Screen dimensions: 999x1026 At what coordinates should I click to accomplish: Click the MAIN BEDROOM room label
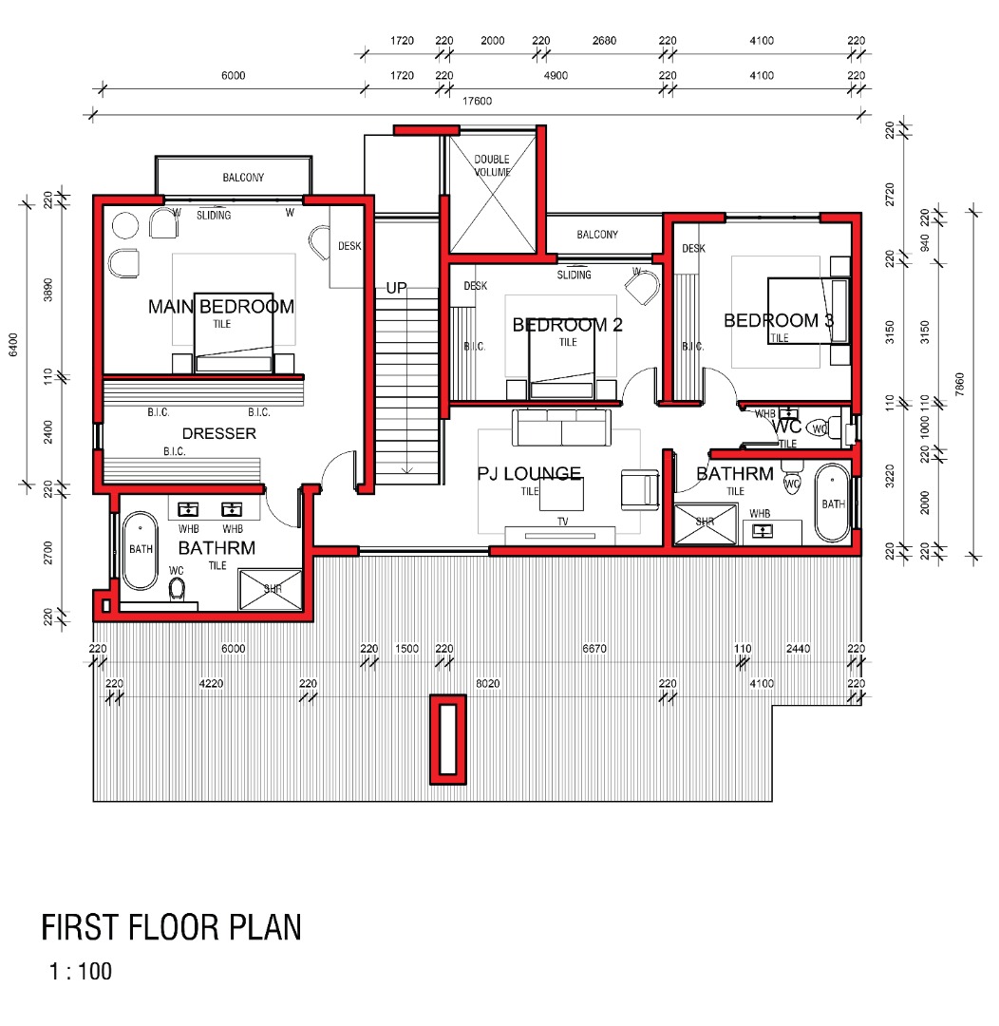[221, 306]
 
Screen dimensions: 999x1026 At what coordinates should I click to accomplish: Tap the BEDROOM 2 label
[567, 325]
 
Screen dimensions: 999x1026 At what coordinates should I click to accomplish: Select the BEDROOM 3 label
[779, 321]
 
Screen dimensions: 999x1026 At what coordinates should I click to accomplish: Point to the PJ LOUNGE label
[529, 473]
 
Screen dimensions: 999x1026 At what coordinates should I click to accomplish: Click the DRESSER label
[219, 433]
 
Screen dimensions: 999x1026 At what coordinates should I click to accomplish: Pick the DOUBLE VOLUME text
[492, 165]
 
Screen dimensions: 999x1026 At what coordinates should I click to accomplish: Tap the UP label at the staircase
[396, 288]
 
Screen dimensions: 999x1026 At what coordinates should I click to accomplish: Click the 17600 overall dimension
[477, 101]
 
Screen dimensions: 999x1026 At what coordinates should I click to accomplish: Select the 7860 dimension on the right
[959, 384]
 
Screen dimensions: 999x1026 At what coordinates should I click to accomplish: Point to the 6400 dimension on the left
[13, 345]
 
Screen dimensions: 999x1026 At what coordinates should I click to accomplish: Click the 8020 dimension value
[488, 684]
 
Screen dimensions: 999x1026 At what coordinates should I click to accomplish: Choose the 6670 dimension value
[594, 649]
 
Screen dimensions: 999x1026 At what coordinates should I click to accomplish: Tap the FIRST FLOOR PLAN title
[172, 927]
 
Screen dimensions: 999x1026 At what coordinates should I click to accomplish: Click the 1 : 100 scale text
[81, 972]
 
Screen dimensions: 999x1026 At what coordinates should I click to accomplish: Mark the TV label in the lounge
[562, 522]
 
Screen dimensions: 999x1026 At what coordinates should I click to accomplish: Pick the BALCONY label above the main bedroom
[243, 178]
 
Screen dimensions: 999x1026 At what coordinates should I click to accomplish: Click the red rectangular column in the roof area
[447, 739]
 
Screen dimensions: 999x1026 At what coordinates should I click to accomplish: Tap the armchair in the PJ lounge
[640, 489]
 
